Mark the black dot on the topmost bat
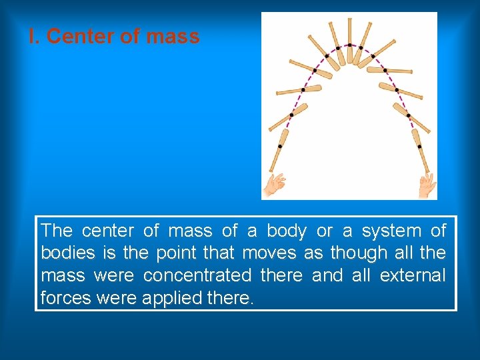[349, 46]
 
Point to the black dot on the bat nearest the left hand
[279, 146]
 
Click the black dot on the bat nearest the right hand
[419, 146]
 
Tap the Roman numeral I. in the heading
[34, 37]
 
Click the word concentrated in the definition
[197, 275]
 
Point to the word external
[412, 275]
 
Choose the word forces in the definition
[66, 297]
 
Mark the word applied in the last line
[169, 298]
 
